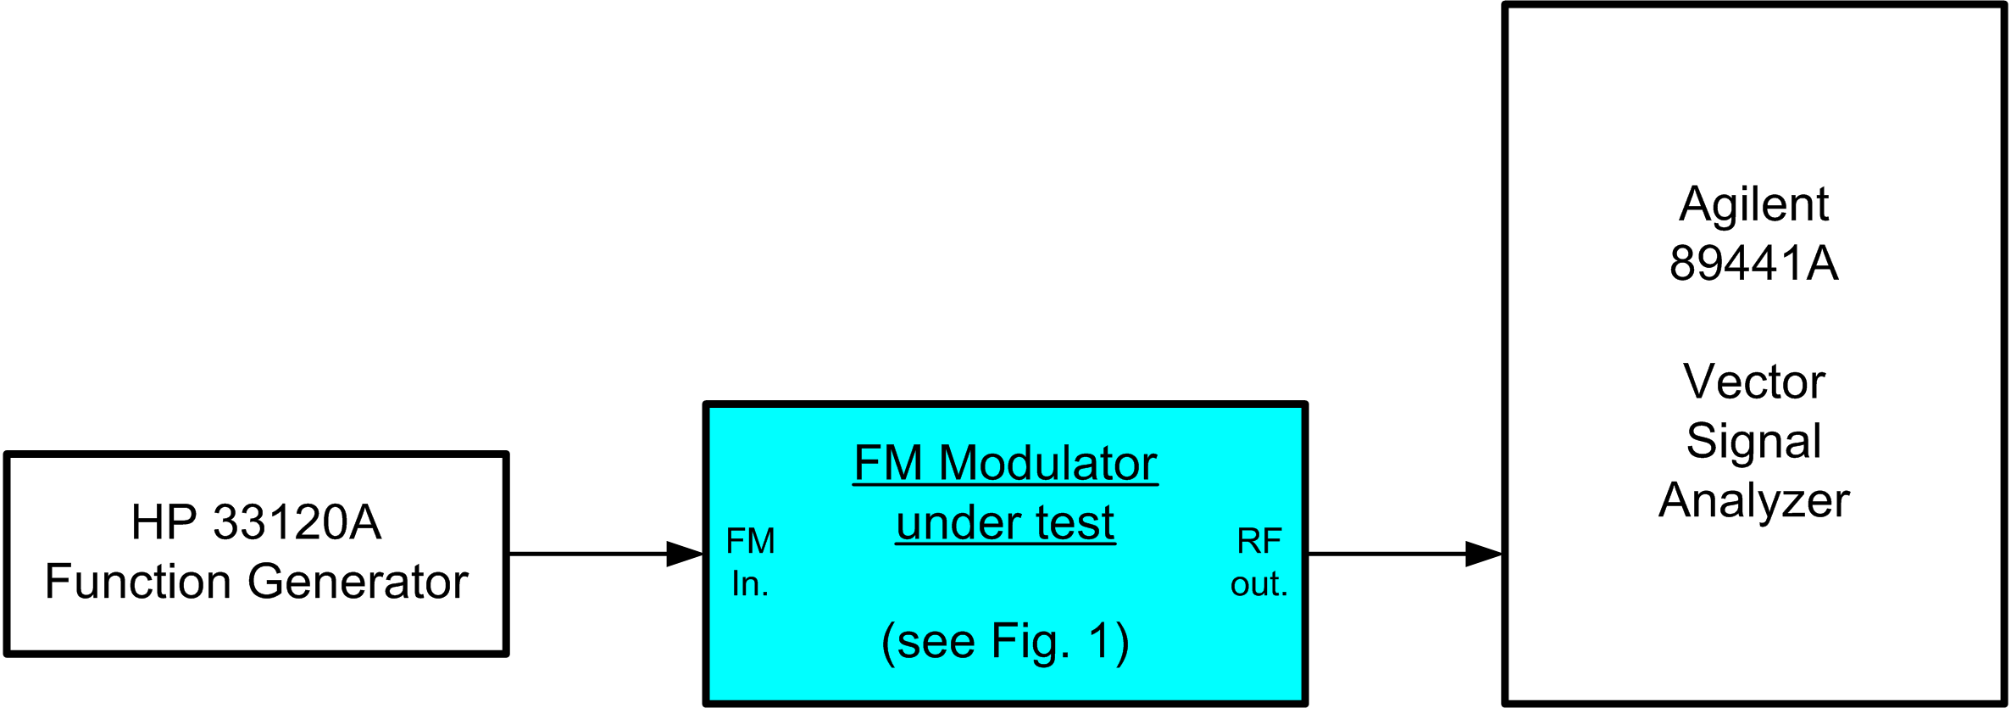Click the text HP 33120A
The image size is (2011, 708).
click(x=256, y=521)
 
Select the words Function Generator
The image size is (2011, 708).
click(x=256, y=582)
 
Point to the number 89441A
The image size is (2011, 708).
click(x=1753, y=263)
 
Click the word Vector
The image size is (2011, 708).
click(x=1753, y=382)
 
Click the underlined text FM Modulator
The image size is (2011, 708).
click(x=1005, y=463)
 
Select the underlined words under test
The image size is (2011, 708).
click(x=1005, y=522)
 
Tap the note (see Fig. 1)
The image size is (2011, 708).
click(x=1005, y=642)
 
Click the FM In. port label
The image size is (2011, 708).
click(x=751, y=562)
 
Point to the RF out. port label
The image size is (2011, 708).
click(x=1259, y=562)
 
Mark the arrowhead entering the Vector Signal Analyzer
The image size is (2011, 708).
click(x=1485, y=554)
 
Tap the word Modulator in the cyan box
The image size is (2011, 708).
click(x=1048, y=463)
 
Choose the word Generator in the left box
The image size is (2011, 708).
click(x=358, y=582)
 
